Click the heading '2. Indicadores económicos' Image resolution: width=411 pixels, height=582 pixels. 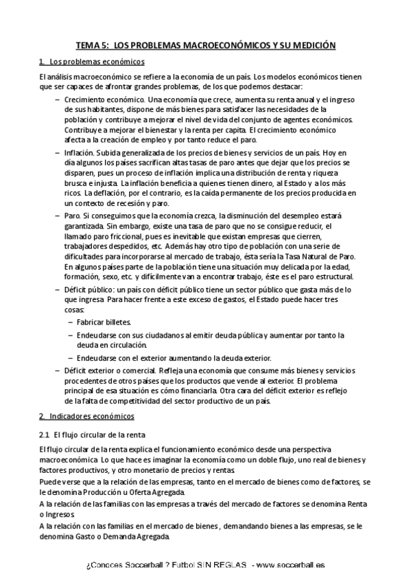click(87, 417)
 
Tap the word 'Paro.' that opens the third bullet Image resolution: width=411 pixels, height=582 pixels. click(72, 214)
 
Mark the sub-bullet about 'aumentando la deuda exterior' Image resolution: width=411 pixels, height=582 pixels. click(174, 358)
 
